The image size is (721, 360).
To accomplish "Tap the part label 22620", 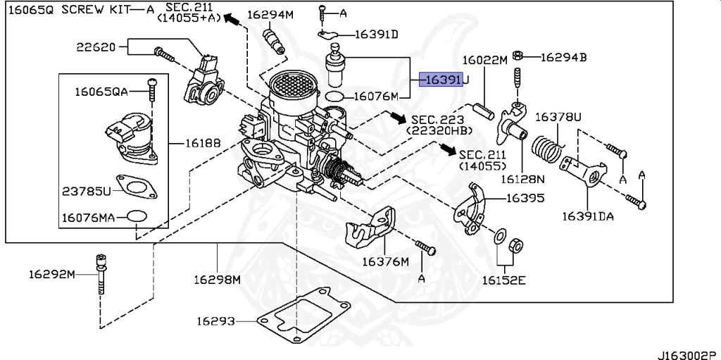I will [96, 47].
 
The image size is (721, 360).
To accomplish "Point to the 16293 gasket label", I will [215, 321].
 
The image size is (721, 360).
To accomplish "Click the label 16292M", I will [51, 273].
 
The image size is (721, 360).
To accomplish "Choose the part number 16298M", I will [218, 279].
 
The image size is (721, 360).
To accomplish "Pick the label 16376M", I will [385, 261].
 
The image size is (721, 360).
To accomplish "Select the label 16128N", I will [523, 179].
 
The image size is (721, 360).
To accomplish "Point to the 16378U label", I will [559, 116].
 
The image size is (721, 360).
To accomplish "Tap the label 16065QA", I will [101, 91].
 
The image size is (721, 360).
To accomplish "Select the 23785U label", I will [87, 192].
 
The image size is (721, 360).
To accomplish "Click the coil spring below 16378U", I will [548, 149].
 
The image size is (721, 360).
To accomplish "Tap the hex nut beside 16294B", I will [517, 56].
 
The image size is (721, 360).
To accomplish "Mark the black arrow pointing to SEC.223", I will [399, 117].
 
